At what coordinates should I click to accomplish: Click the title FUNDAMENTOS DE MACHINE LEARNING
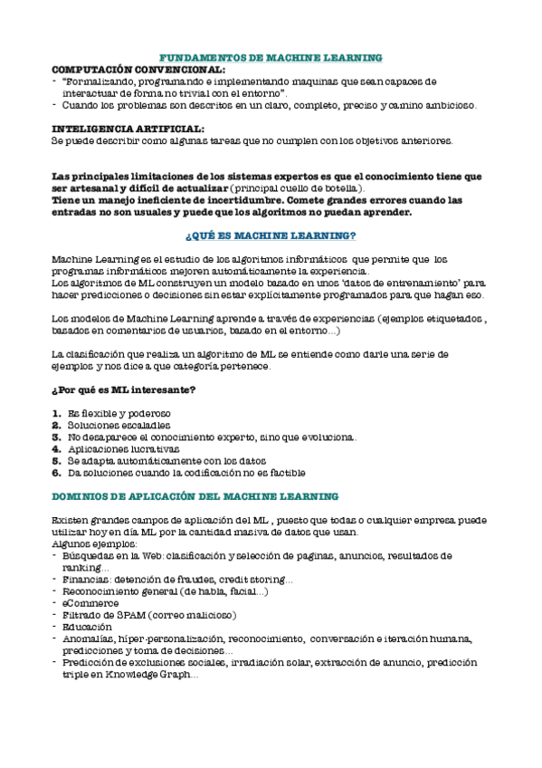coord(271,57)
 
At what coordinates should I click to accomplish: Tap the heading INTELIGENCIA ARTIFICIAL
coord(128,129)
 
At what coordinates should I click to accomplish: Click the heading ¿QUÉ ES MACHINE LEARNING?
coord(270,235)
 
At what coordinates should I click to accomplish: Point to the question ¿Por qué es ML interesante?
coord(124,389)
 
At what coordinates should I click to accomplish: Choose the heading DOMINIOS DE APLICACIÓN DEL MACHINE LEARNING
coord(195,496)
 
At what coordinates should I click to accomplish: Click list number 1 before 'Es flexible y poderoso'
coord(56,413)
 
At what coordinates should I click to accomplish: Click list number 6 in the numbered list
coord(56,473)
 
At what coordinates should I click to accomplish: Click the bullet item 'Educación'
coord(88,626)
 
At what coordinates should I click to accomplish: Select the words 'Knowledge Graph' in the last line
coord(145,674)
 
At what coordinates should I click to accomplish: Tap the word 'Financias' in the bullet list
coord(89,579)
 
